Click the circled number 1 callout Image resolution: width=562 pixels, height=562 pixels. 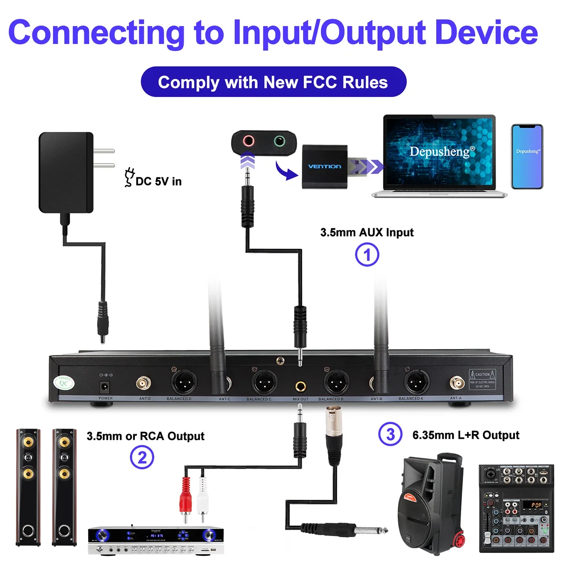367,255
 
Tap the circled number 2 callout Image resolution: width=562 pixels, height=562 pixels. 142,457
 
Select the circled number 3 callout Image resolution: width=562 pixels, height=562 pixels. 390,434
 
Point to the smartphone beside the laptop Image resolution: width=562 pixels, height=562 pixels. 527,156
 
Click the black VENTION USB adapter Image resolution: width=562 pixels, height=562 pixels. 325,166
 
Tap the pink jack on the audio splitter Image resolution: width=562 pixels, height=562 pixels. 248,141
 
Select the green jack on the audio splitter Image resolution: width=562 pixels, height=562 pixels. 280,141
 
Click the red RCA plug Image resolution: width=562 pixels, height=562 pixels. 185,497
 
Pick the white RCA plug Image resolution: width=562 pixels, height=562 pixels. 202,497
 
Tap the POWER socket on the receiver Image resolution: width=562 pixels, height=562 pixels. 105,386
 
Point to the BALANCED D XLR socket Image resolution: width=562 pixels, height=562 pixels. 183,383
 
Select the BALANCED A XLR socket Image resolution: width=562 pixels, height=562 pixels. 416,383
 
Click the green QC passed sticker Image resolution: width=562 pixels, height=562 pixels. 64,383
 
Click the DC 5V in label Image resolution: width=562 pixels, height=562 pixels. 158,181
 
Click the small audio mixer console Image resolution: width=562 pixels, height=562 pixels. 516,508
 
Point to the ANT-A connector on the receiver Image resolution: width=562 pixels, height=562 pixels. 457,383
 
